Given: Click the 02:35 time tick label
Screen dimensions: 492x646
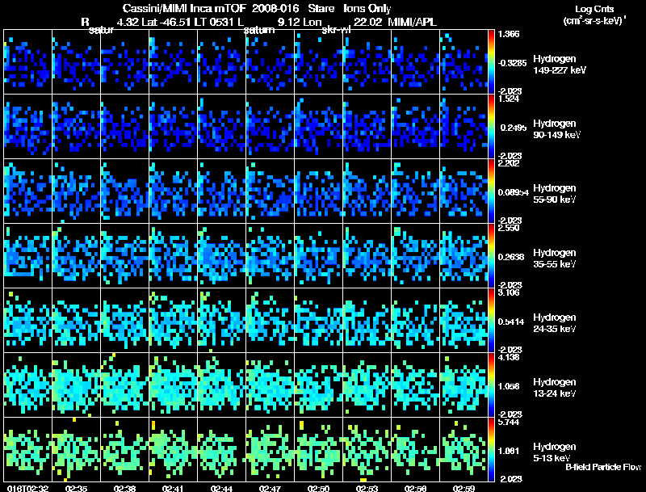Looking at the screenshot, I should pos(77,488).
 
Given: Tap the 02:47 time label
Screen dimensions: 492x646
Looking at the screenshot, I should pos(271,488).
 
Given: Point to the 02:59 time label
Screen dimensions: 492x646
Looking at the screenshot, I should pos(464,488).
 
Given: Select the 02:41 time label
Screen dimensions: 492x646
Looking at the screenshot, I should pos(174,488).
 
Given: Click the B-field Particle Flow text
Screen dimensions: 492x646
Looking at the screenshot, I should pos(603,467).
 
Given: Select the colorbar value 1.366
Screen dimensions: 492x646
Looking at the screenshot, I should pos(509,35).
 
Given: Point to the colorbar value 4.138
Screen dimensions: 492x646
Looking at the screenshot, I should pos(509,357).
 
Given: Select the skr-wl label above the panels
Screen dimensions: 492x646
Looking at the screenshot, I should pos(335,30).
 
